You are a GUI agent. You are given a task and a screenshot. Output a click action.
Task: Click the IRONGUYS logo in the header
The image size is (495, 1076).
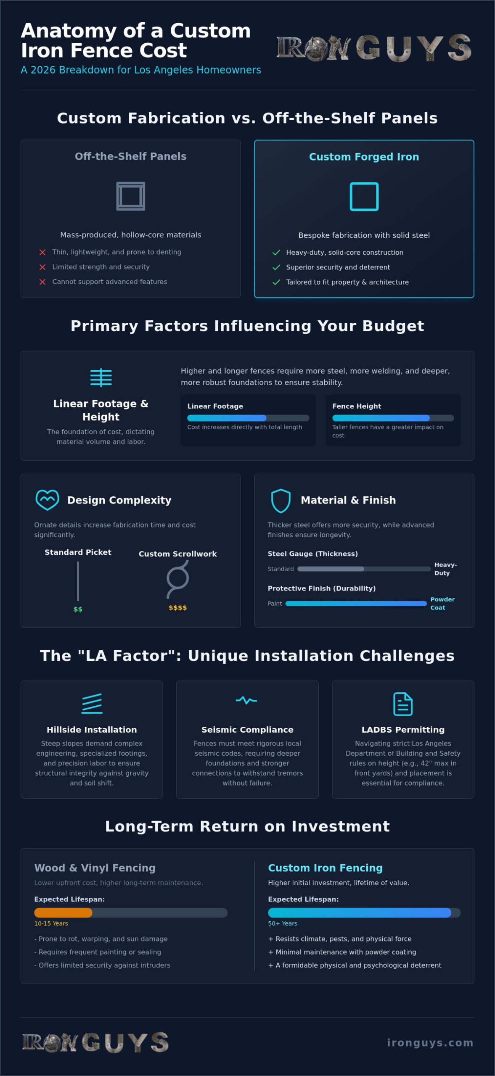click(374, 48)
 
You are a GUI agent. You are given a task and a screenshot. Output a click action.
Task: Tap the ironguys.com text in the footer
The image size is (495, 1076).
click(430, 1042)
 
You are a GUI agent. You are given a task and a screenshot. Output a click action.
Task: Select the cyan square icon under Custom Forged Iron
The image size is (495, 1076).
click(364, 196)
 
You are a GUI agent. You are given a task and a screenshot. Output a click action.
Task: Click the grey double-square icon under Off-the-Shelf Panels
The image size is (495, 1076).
click(131, 196)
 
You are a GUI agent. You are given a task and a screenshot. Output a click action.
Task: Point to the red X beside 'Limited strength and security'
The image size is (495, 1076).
click(42, 267)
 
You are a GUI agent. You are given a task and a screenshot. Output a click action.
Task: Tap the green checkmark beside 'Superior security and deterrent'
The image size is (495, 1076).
click(276, 267)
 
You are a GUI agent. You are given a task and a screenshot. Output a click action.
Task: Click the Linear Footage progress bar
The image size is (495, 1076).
click(248, 418)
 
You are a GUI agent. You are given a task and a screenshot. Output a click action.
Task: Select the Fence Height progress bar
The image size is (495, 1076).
click(393, 418)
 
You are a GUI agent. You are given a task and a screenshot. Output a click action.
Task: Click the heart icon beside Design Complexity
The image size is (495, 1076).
click(48, 500)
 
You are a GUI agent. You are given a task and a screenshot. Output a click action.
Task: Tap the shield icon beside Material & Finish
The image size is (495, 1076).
click(281, 501)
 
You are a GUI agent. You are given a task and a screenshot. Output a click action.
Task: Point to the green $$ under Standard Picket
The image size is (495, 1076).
click(78, 609)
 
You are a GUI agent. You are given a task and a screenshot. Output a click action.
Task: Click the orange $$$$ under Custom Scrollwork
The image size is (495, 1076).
click(178, 608)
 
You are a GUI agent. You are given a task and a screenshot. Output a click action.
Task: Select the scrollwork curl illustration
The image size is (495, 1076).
click(178, 579)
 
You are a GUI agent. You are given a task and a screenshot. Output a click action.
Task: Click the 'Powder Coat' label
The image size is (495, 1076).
click(442, 604)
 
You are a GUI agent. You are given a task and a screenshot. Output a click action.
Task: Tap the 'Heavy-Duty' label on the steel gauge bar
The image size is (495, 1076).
click(445, 569)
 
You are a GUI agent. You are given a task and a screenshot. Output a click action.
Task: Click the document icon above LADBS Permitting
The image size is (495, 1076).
click(403, 704)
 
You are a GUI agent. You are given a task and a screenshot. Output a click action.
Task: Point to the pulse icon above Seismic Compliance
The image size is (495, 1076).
click(246, 700)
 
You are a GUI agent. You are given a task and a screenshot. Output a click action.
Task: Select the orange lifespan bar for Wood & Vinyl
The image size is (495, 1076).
click(63, 912)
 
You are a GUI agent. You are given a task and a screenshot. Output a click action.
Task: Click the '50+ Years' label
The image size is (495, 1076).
click(283, 923)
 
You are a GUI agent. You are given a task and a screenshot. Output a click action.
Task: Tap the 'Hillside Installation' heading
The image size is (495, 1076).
click(92, 730)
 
